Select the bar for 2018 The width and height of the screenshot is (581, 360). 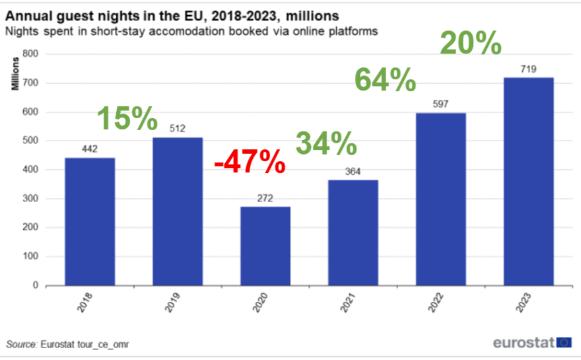[x=90, y=221]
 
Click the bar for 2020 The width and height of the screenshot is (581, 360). [x=265, y=246]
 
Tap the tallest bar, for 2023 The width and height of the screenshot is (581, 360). [x=528, y=181]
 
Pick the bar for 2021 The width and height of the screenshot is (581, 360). [x=353, y=233]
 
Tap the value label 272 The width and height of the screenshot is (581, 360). [x=265, y=198]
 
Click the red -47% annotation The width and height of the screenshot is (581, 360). [x=250, y=161]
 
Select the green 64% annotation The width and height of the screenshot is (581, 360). [x=385, y=81]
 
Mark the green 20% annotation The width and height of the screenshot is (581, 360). [x=471, y=43]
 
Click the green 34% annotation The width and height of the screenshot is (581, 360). [x=325, y=143]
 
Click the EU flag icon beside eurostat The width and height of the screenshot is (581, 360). [x=564, y=342]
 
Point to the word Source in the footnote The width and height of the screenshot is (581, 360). [x=21, y=344]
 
